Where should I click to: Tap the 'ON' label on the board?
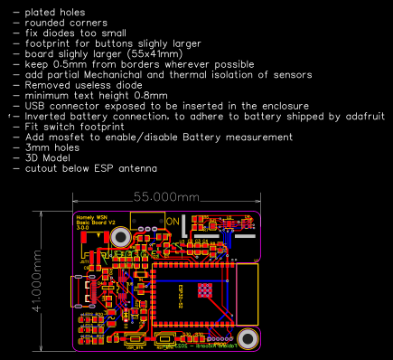tap(173, 221)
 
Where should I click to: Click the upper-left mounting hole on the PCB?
tap(119, 237)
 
